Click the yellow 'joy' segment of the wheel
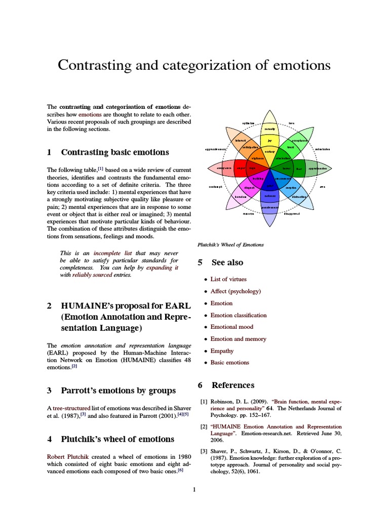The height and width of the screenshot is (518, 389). (x=269, y=141)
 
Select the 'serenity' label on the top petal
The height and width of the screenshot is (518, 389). (x=269, y=129)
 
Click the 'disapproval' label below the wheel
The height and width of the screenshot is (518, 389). (x=292, y=214)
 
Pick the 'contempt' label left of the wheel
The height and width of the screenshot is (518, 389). (x=216, y=187)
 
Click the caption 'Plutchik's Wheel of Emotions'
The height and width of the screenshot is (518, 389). (x=230, y=245)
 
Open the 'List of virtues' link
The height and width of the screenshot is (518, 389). (x=228, y=279)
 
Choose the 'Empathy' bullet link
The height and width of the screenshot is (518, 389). (x=222, y=351)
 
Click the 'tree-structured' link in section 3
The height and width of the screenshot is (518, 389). (x=71, y=407)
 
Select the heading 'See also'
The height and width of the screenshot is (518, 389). (x=227, y=263)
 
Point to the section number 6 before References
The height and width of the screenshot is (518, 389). (x=200, y=385)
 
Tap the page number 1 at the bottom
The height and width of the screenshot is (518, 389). (x=194, y=490)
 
